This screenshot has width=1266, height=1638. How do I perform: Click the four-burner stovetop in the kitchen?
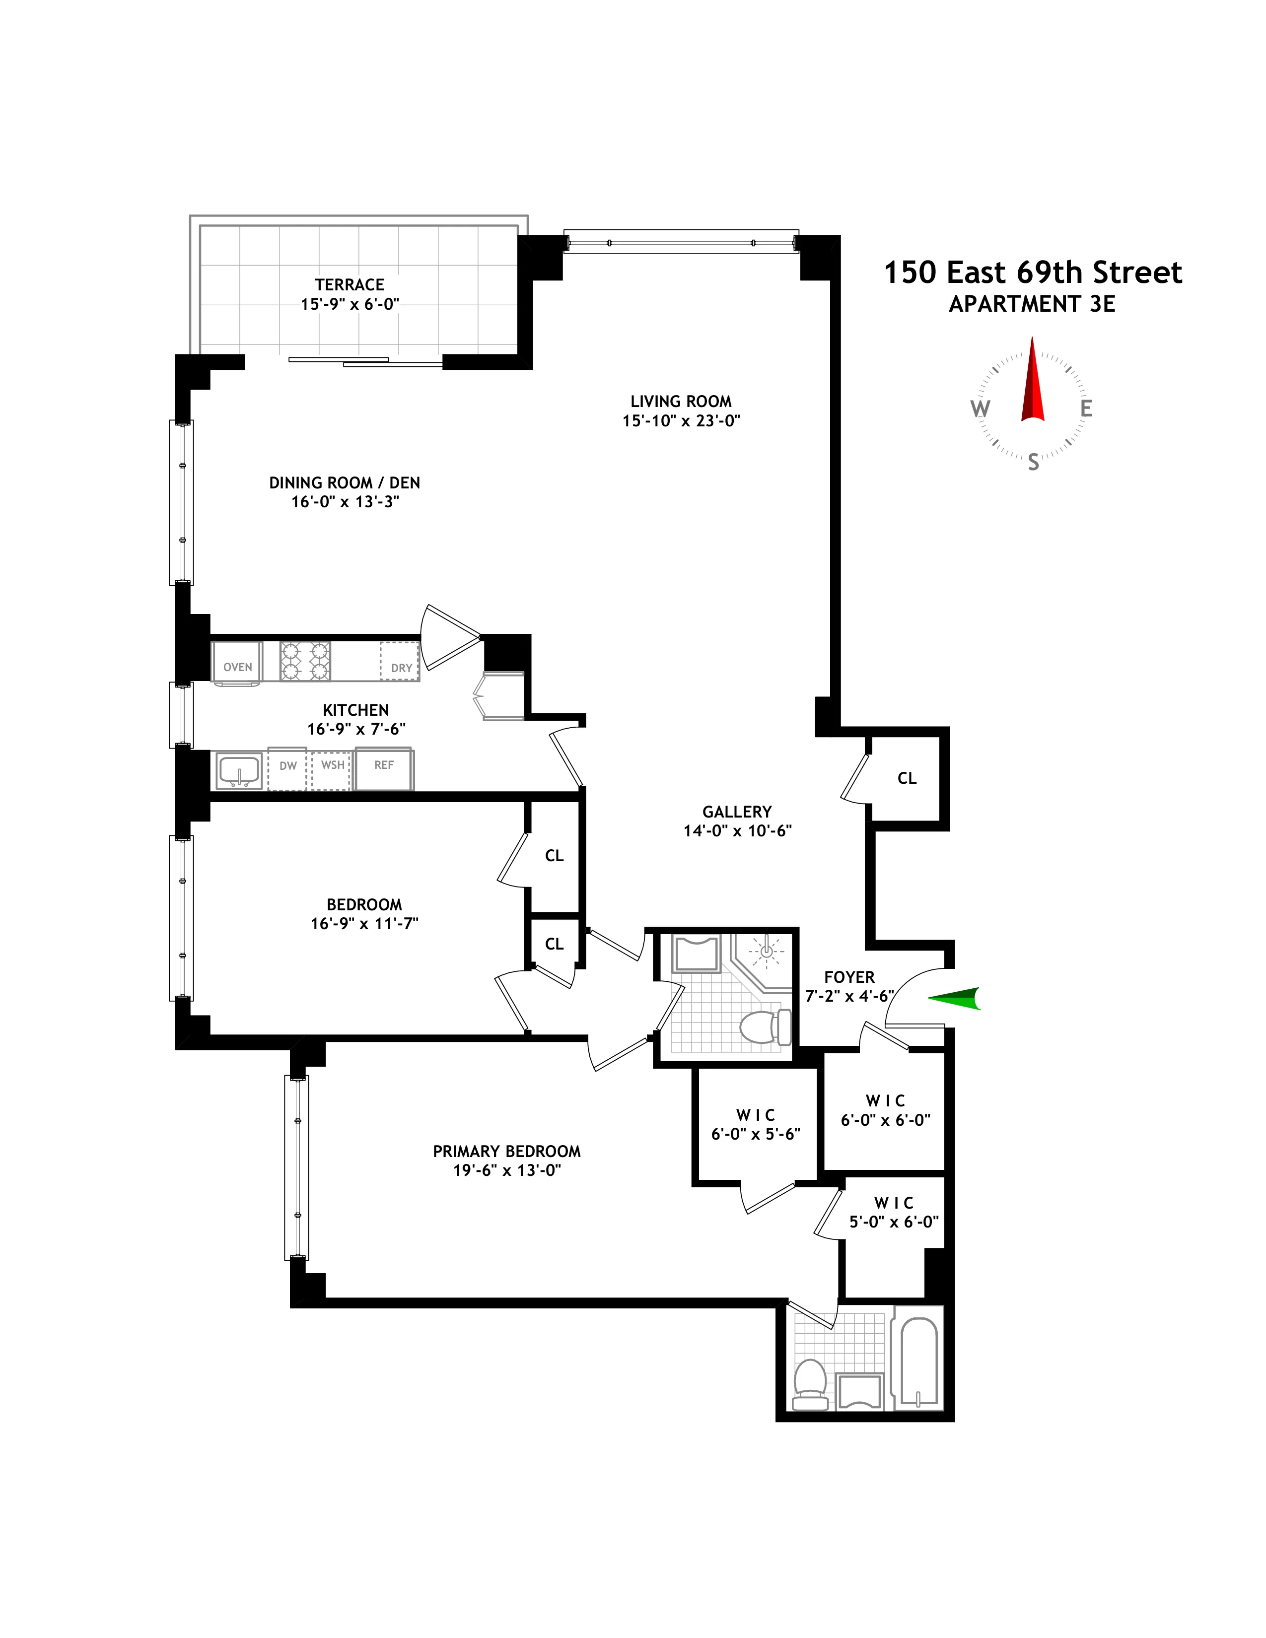(x=305, y=661)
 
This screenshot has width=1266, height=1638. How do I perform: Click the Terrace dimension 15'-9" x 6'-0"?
(x=350, y=304)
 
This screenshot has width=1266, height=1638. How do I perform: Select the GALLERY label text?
(x=736, y=812)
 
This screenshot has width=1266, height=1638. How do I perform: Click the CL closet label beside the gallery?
(x=907, y=778)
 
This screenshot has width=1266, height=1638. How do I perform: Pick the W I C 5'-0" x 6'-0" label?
(x=893, y=1213)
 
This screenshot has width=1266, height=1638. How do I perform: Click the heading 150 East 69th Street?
(x=1033, y=272)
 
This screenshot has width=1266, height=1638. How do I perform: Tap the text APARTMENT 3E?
(x=1032, y=304)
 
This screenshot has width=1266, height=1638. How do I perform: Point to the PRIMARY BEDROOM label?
(x=506, y=1151)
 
